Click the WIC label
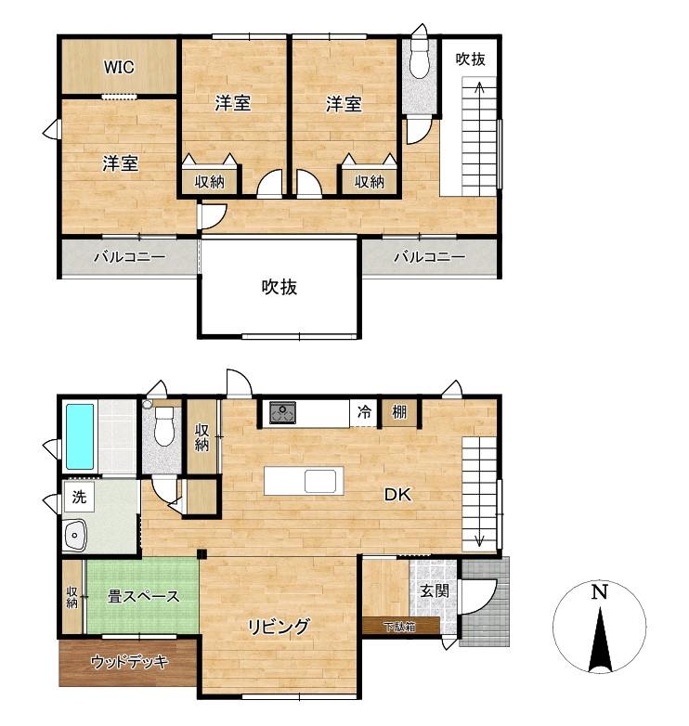119,67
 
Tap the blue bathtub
80,436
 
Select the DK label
397,495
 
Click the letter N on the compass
599,592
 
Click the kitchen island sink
320,481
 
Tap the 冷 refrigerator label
364,411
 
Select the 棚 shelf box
399,412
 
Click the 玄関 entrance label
435,590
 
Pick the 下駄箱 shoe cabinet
400,626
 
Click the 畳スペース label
143,596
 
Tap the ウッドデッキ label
130,662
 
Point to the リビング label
279,627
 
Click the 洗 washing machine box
79,497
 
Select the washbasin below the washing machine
75,536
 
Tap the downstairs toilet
164,426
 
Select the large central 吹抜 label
279,287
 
